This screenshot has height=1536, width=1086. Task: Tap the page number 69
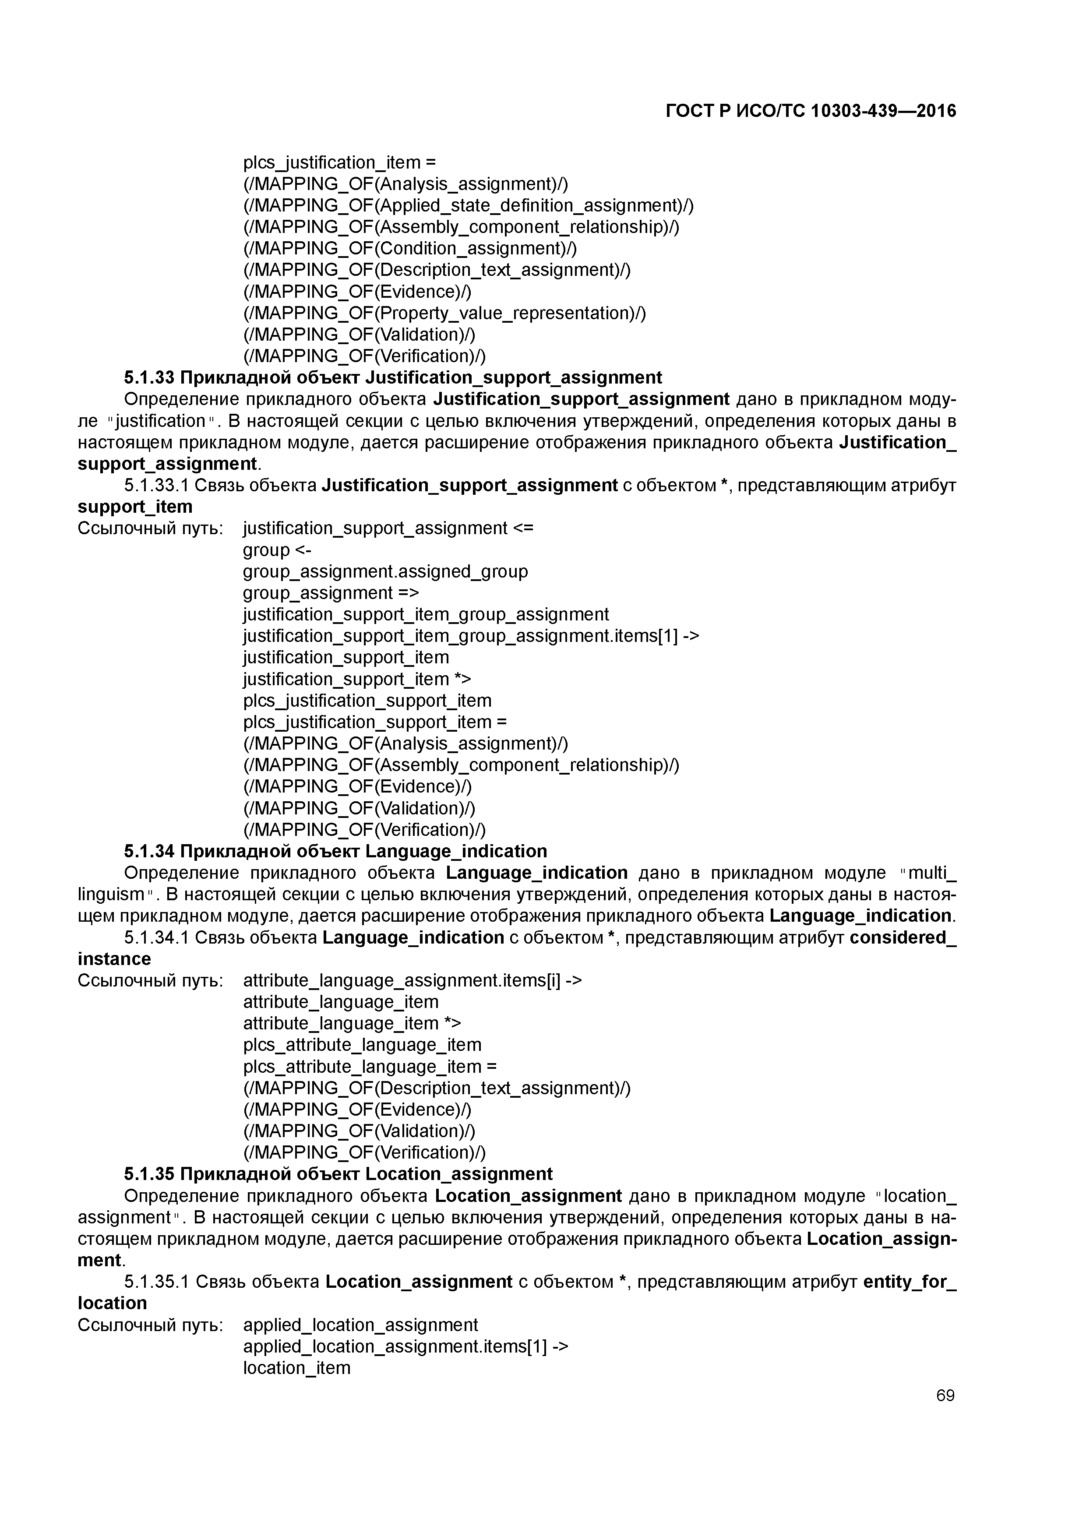tap(945, 1395)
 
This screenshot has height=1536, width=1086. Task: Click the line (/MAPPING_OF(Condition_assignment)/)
tap(409, 248)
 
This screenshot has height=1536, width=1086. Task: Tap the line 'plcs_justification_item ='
tap(339, 162)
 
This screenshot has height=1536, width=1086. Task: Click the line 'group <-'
tap(276, 550)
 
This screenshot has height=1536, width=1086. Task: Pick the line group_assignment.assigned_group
tap(385, 571)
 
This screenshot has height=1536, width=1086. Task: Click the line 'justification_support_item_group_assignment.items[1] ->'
tap(470, 635)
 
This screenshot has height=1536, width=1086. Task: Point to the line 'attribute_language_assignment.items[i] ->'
tap(412, 981)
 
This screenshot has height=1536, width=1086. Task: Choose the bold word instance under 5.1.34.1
tap(114, 958)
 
